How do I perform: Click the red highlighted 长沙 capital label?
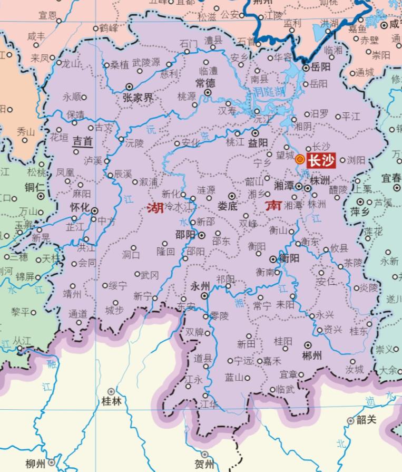point(321,160)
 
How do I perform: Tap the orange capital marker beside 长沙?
point(299,160)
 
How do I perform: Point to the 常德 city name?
point(205,83)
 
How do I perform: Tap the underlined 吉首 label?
point(82,141)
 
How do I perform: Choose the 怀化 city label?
point(80,207)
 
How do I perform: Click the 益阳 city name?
point(258,143)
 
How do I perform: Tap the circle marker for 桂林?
point(111,391)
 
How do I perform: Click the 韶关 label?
point(366,420)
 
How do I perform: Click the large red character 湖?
point(155,207)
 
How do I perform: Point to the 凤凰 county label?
point(65,172)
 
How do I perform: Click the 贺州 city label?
point(204,465)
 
